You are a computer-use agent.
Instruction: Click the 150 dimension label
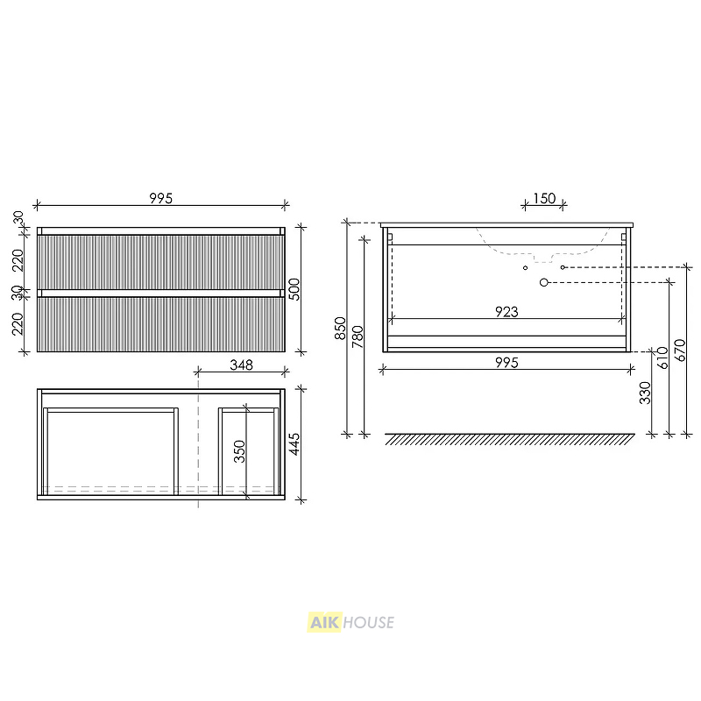click(544, 198)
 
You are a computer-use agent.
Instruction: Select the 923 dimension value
click(506, 312)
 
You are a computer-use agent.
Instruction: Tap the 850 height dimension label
click(340, 328)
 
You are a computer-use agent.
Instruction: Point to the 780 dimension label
click(358, 336)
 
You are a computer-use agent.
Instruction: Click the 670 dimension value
click(680, 350)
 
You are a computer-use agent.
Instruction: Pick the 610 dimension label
click(662, 358)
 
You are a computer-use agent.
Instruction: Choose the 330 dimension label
click(645, 393)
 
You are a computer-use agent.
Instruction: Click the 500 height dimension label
click(294, 289)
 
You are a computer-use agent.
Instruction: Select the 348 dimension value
click(242, 365)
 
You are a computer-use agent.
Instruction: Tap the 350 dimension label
click(239, 451)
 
